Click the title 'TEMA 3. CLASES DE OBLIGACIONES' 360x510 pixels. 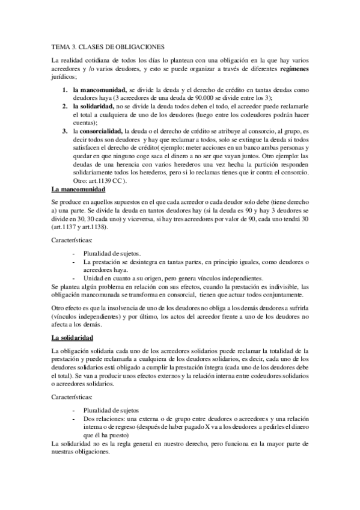tap(107, 46)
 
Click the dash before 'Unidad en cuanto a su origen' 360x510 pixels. tap(74, 278)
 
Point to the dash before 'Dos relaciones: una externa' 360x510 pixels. tap(74, 419)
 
